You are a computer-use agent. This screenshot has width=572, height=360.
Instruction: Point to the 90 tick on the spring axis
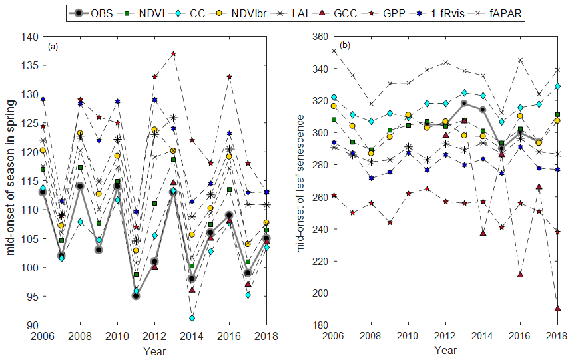pyautogui.click(x=33, y=325)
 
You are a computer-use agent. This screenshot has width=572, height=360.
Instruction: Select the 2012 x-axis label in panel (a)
pyautogui.click(x=154, y=335)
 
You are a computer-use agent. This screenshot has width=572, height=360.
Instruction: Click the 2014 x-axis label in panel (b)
pyautogui.click(x=482, y=335)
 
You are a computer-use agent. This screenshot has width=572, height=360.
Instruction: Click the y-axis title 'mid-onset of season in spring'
pyautogui.click(x=13, y=181)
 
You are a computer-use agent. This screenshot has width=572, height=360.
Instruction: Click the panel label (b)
pyautogui.click(x=345, y=46)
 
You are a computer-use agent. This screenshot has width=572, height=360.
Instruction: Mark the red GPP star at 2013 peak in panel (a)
pyautogui.click(x=173, y=54)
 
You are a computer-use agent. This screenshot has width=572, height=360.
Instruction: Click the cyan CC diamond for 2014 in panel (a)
pyautogui.click(x=192, y=319)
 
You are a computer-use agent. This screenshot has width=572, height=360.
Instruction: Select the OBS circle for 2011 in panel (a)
pyautogui.click(x=136, y=296)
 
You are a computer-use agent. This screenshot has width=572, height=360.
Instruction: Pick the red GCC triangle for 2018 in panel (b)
pyautogui.click(x=557, y=308)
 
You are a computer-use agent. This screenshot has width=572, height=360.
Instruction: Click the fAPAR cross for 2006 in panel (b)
pyautogui.click(x=334, y=51)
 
